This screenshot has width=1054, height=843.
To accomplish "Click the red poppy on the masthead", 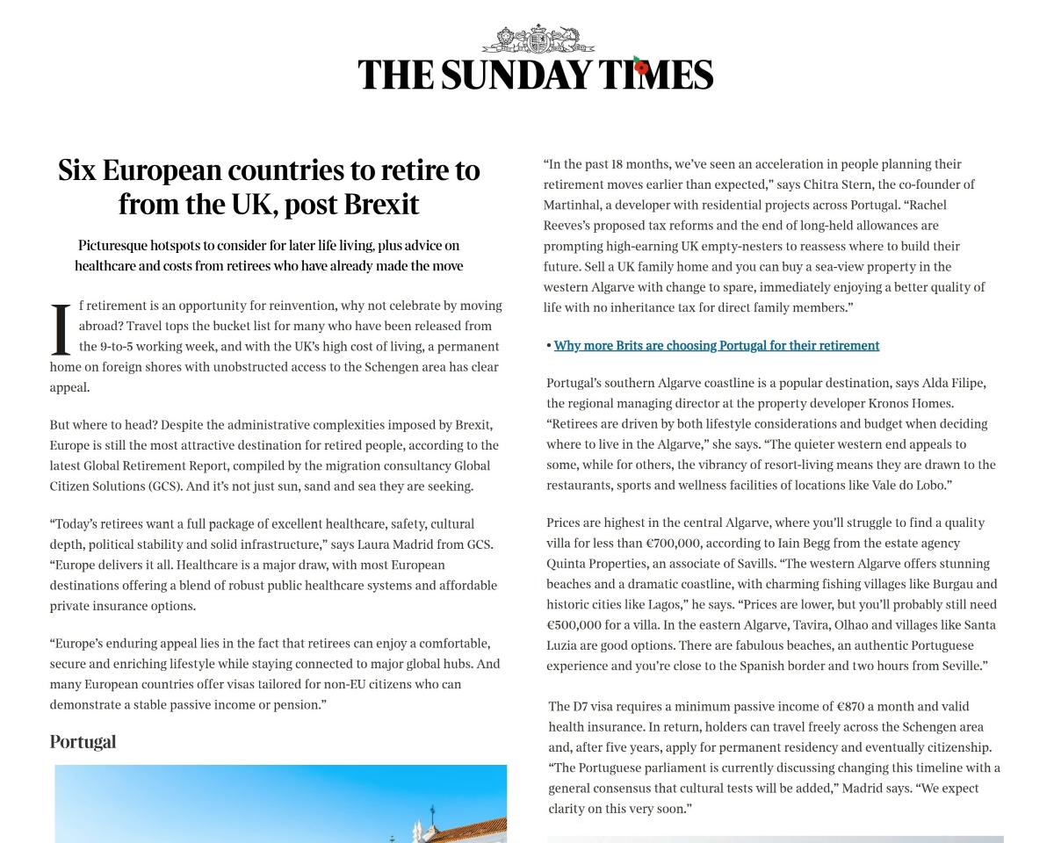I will (x=641, y=67).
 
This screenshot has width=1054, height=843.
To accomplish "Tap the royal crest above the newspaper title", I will (x=537, y=40).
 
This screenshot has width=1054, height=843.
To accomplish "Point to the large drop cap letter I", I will (x=61, y=330).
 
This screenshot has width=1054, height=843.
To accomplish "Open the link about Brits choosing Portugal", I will (x=716, y=345).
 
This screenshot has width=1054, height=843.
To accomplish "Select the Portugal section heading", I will (x=83, y=741).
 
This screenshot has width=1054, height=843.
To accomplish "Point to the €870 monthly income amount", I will (x=852, y=706).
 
